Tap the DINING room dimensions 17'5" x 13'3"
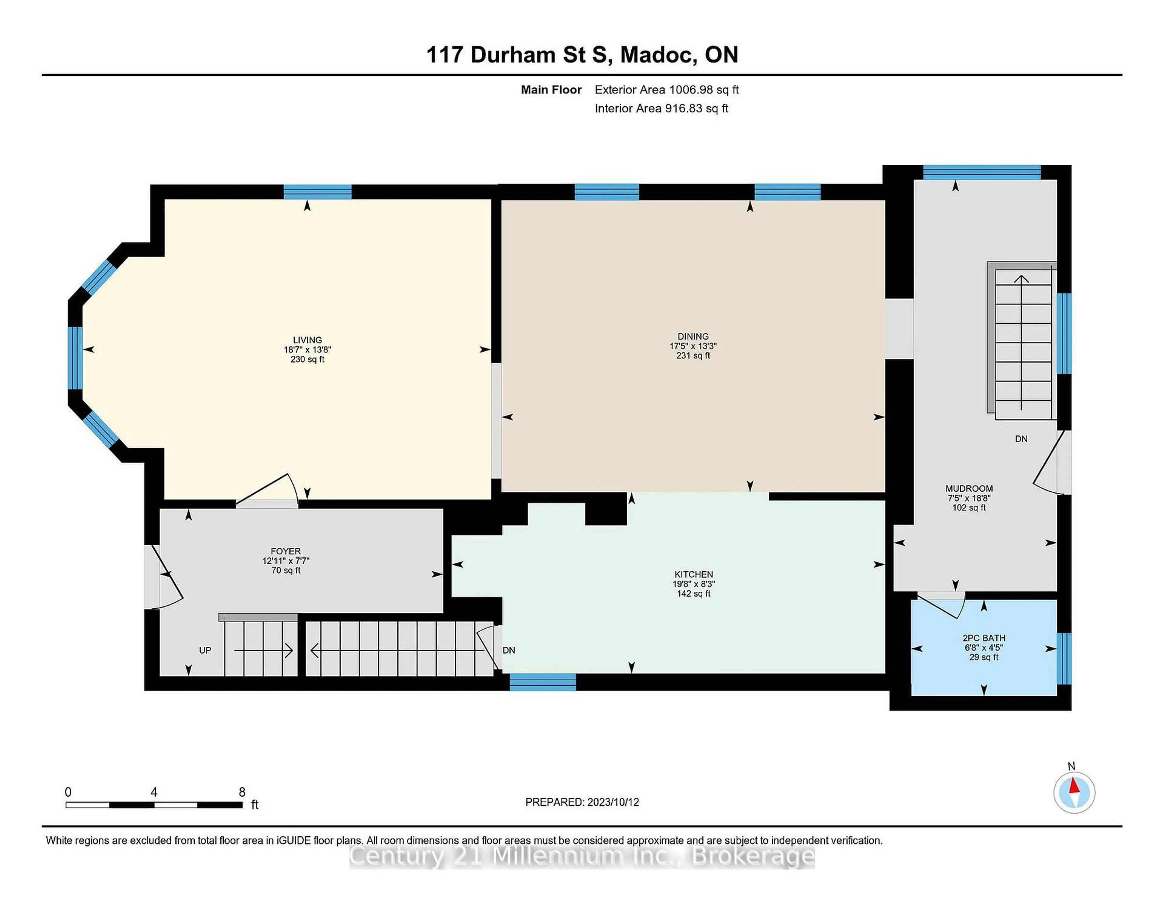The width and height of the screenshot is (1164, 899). (x=693, y=346)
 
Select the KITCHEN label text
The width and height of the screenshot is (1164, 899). (x=693, y=574)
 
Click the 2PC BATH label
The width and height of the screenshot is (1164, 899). (x=984, y=638)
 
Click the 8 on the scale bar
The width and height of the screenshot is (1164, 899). (x=242, y=792)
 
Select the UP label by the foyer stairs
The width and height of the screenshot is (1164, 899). (x=205, y=650)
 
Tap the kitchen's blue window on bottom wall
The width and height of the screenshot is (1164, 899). (x=543, y=682)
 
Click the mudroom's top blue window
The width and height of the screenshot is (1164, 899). (x=982, y=172)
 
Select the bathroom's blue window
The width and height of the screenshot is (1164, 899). (x=1063, y=658)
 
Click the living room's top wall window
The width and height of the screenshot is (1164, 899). (x=318, y=192)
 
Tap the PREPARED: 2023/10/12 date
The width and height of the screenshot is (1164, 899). (x=582, y=802)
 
